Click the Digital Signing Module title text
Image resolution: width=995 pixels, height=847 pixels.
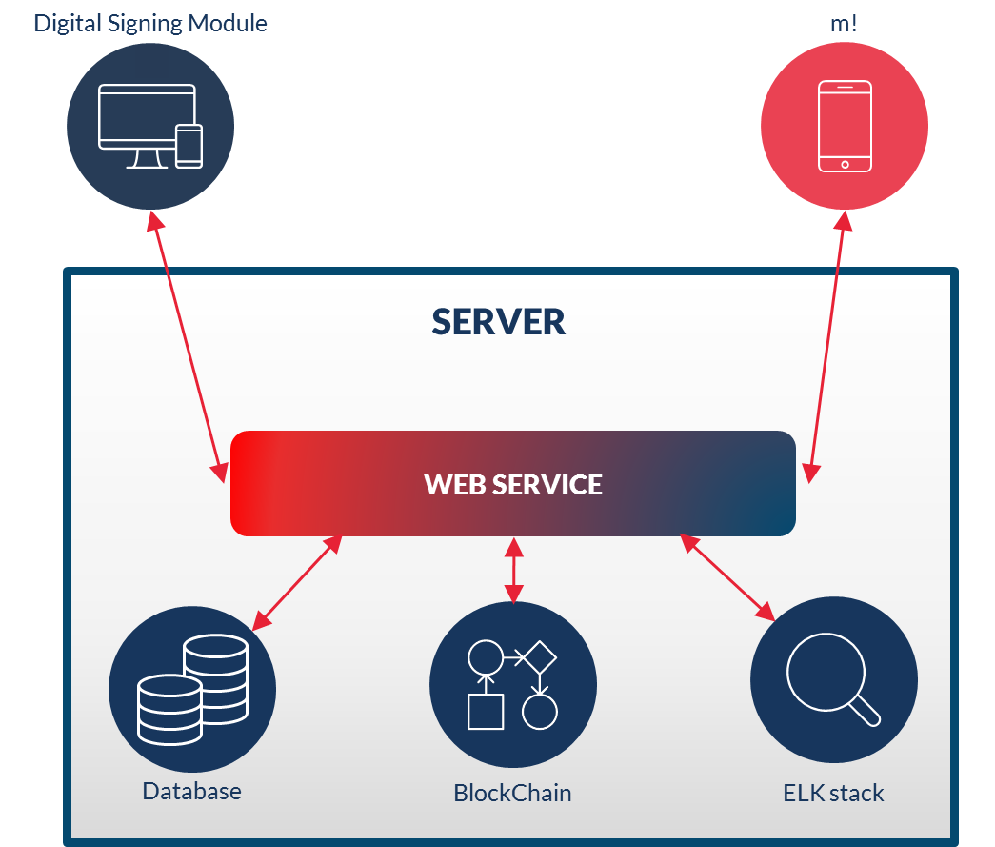pyautogui.click(x=150, y=23)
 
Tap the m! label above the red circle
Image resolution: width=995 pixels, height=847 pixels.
pyautogui.click(x=844, y=23)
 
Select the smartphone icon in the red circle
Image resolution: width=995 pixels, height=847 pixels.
pyautogui.click(x=845, y=126)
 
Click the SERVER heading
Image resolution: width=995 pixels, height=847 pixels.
pyautogui.click(x=498, y=322)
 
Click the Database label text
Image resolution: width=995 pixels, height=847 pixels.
pyautogui.click(x=191, y=791)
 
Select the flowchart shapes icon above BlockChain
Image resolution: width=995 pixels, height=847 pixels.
pyautogui.click(x=512, y=684)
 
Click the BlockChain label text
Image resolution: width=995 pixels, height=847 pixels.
pyautogui.click(x=512, y=793)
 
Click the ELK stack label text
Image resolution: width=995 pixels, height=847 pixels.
pyautogui.click(x=833, y=793)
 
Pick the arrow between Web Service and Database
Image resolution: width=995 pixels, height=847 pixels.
pyautogui.click(x=297, y=581)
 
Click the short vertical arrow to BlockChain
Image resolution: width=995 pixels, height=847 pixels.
pyautogui.click(x=514, y=570)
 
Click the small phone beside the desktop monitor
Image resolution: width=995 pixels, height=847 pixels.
pyautogui.click(x=189, y=146)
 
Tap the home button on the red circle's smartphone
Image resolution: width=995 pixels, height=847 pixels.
pyautogui.click(x=845, y=164)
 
